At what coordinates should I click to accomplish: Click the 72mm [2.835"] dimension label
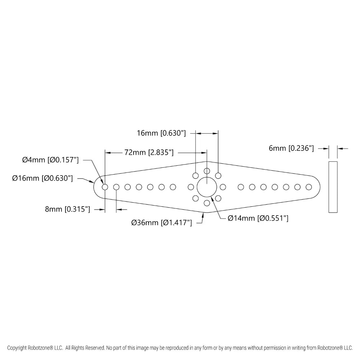(149, 152)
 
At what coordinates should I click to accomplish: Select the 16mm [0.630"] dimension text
(161, 133)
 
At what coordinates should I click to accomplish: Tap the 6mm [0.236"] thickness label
(291, 148)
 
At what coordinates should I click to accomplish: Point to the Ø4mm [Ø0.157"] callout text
(50, 160)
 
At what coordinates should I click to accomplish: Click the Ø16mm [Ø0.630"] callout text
(42, 178)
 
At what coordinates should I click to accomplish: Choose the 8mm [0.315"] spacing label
(68, 209)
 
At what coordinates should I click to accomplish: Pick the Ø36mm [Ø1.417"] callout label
(162, 222)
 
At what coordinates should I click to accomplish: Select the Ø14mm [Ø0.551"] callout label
(258, 218)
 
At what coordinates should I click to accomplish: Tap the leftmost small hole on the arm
(105, 187)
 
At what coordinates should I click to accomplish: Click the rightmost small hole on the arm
(309, 187)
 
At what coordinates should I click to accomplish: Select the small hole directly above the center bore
(207, 171)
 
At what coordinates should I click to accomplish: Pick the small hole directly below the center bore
(207, 203)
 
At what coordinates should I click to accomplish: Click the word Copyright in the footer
(17, 348)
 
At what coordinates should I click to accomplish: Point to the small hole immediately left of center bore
(191, 187)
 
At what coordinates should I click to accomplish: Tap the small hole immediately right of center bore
(223, 187)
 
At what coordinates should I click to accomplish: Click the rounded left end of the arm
(94, 187)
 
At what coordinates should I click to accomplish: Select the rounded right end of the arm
(320, 187)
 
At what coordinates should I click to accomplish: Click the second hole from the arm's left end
(116, 187)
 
